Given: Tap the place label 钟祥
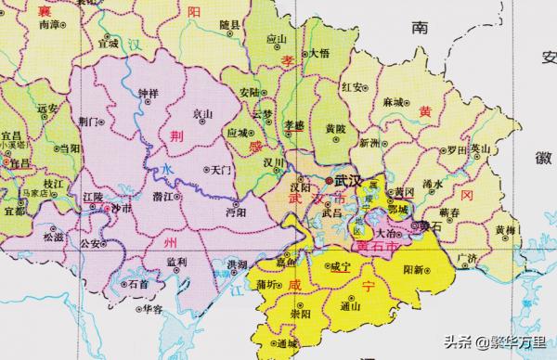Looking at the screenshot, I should point(148,94).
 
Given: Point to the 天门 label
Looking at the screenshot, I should point(221,171).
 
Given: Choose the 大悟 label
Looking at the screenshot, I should point(317,53).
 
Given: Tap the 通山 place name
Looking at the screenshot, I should point(350,305).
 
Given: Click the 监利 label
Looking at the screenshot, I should point(175,263).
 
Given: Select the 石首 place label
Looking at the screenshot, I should point(138,284).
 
